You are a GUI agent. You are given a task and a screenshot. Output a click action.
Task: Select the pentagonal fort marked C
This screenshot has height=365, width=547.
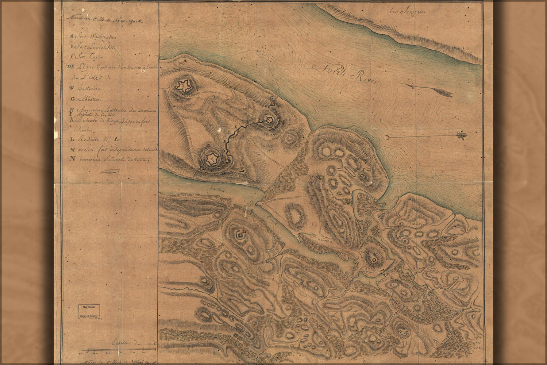[x=269, y=120]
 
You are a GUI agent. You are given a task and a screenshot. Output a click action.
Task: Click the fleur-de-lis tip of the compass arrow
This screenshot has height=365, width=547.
[x=462, y=136]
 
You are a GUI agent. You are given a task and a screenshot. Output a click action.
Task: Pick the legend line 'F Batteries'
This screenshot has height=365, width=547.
[x=86, y=88]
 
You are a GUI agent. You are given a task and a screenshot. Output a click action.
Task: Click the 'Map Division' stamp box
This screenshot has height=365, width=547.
[x=89, y=311]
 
